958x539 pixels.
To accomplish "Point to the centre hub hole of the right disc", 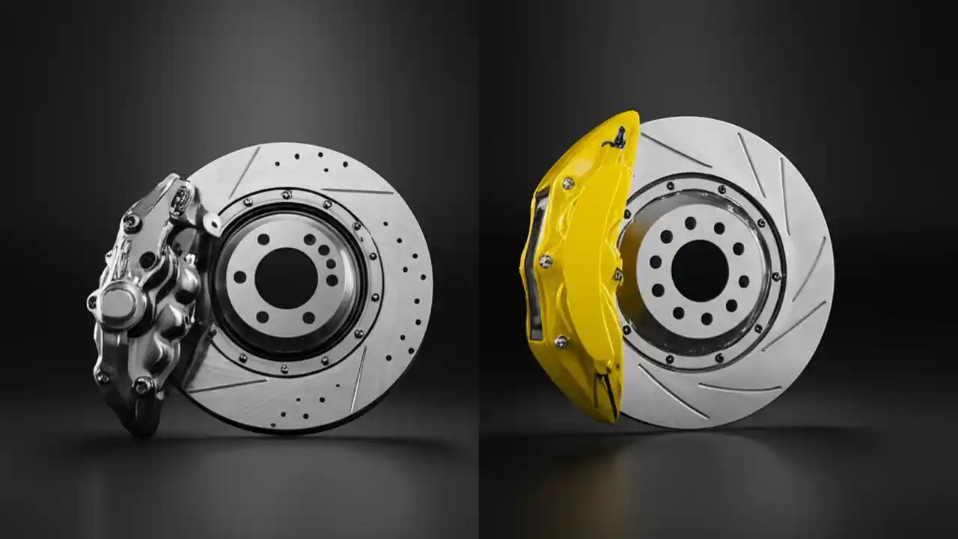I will pyautogui.click(x=700, y=269).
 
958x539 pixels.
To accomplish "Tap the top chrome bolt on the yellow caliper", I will pyautogui.click(x=568, y=183).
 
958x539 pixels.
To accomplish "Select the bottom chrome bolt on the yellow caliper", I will pyautogui.click(x=561, y=341).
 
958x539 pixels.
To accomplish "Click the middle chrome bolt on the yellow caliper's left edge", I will pyautogui.click(x=545, y=261).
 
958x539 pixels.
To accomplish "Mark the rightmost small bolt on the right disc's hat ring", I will pyautogui.click(x=777, y=277).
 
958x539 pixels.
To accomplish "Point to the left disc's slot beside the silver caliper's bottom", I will pyautogui.click(x=225, y=386).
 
